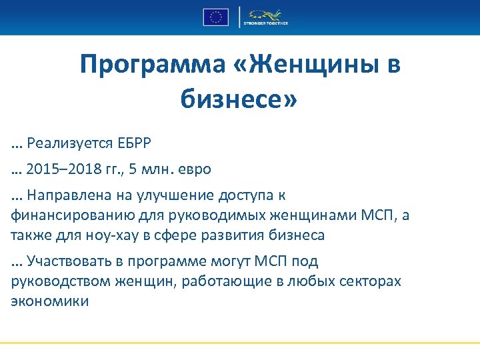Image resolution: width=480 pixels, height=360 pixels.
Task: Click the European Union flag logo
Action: [215, 17]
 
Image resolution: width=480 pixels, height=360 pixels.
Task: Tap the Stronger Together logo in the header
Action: [265, 17]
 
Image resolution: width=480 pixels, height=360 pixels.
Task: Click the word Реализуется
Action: [67, 143]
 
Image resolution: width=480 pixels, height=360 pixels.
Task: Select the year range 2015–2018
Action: [61, 169]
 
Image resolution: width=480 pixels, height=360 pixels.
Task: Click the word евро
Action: [193, 169]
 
